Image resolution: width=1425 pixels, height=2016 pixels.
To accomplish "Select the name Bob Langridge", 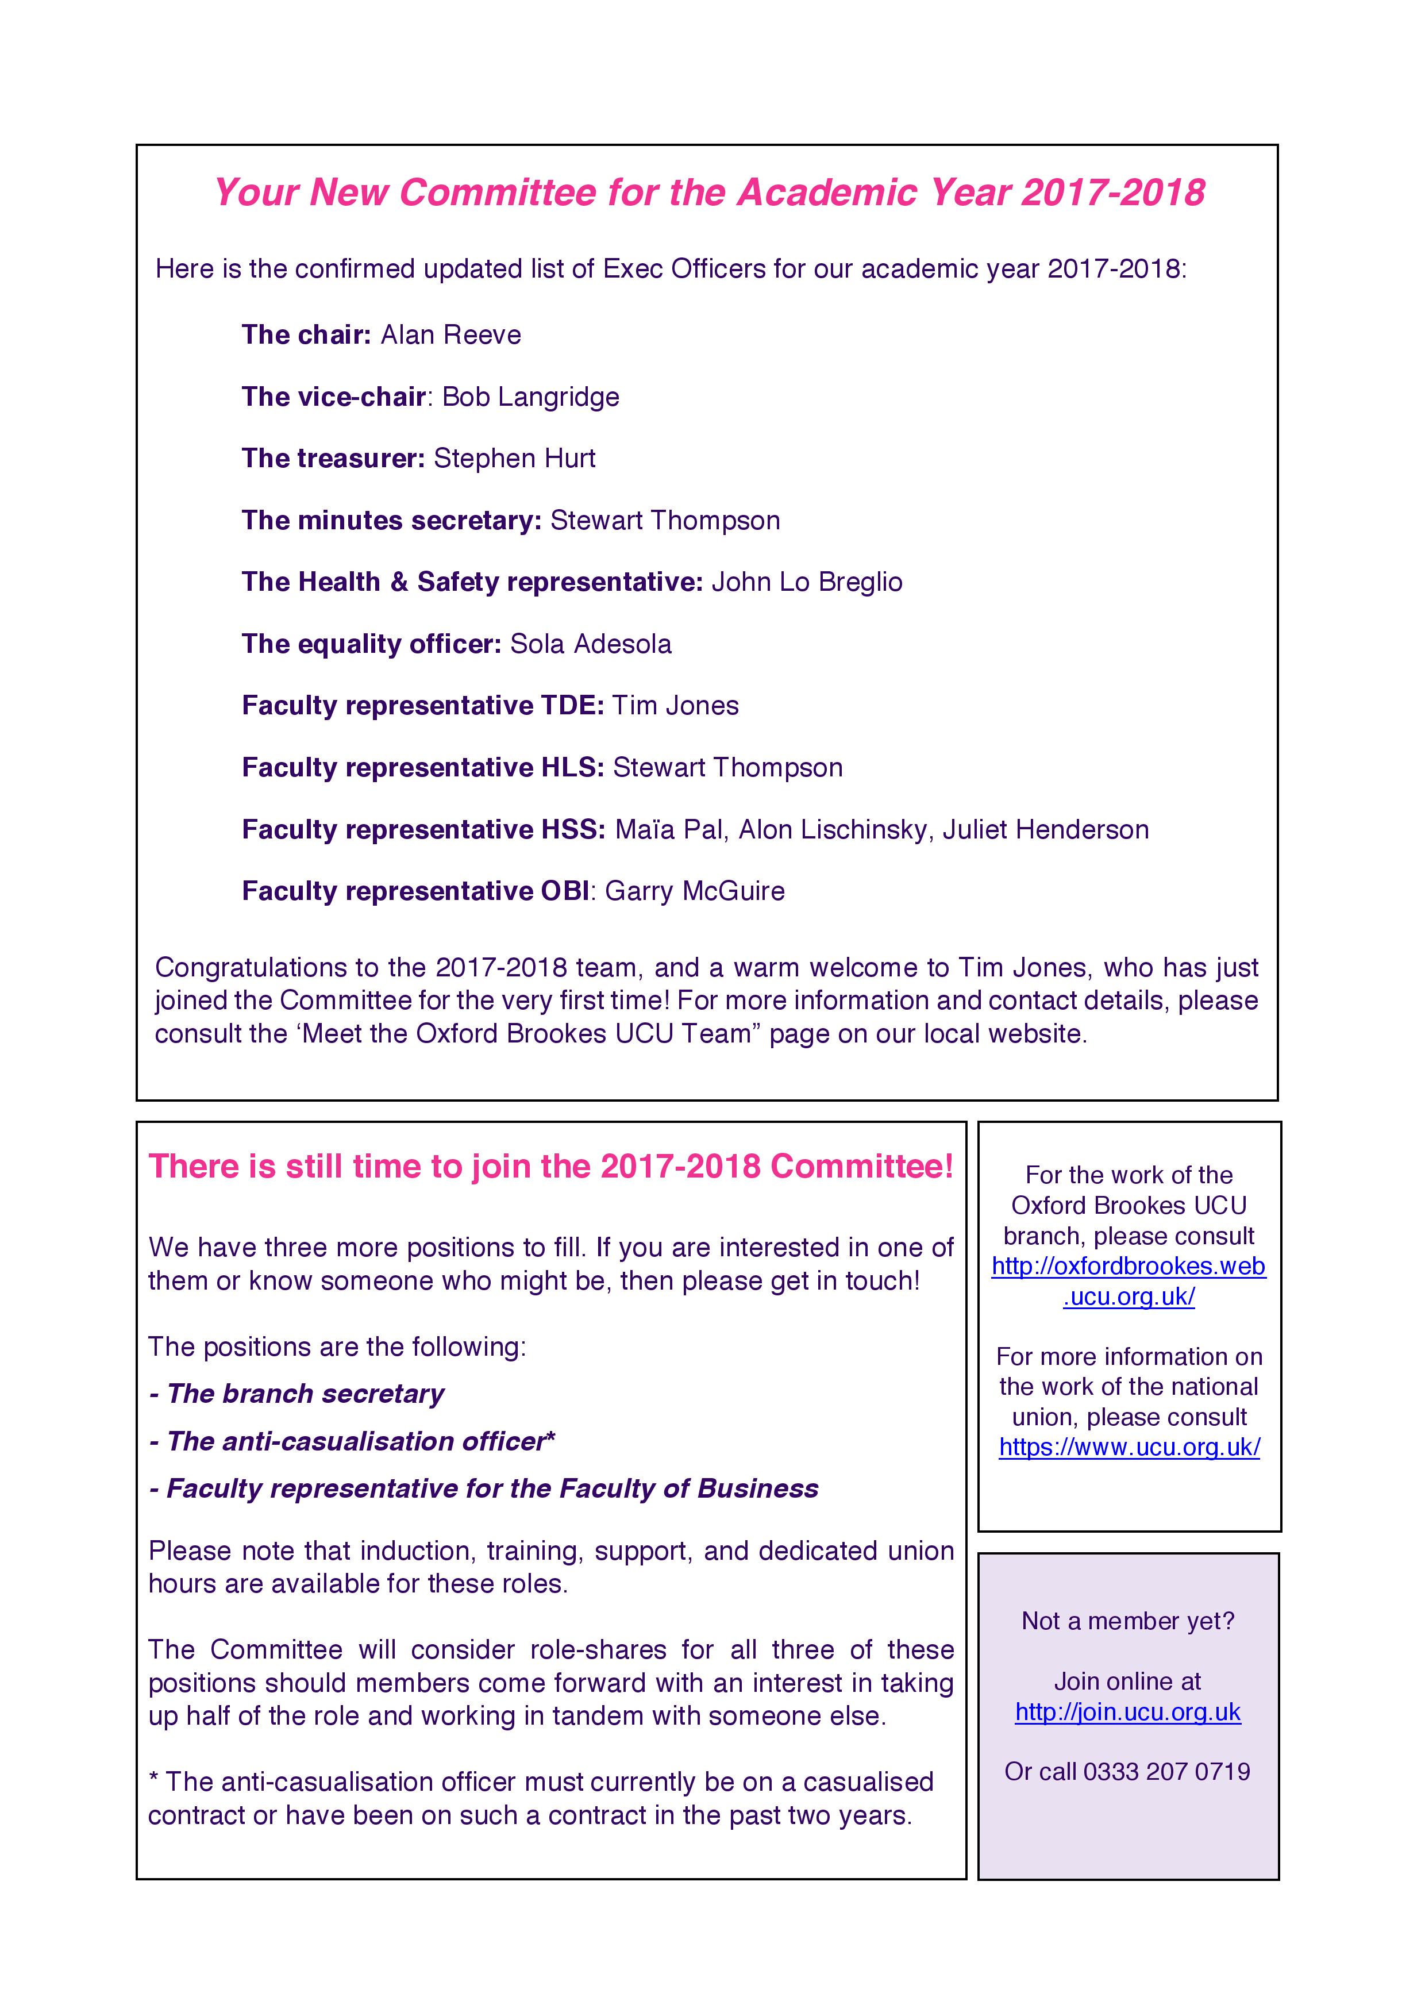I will tap(530, 397).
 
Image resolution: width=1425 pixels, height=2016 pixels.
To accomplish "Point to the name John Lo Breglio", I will tap(807, 582).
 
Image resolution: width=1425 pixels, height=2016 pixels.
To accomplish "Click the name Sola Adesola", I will tap(591, 644).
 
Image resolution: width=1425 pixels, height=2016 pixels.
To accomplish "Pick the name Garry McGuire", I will tap(695, 891).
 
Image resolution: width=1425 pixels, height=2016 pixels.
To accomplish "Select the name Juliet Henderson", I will tap(1046, 830).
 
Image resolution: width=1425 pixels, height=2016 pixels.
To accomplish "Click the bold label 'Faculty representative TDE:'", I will tap(422, 706).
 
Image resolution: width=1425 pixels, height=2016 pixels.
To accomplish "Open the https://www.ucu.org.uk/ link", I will tap(1129, 1447).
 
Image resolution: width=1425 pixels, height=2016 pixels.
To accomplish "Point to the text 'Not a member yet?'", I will tap(1129, 1621).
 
